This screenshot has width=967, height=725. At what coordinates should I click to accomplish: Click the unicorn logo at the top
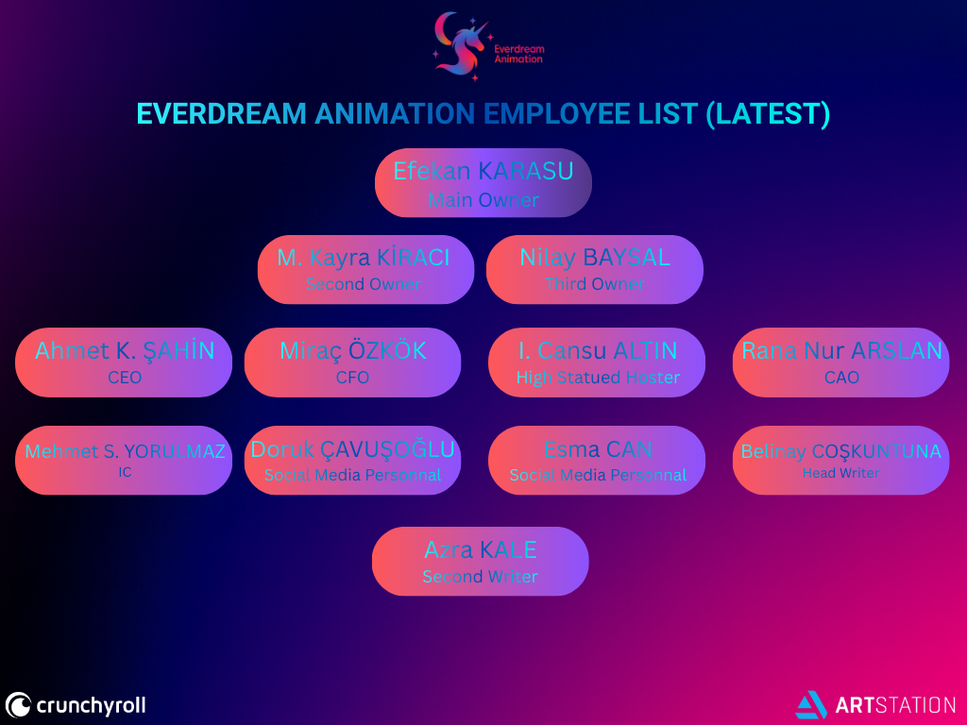(461, 47)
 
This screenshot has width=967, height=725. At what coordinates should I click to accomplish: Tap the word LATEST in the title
(768, 114)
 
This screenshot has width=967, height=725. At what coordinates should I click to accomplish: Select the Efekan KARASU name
(483, 171)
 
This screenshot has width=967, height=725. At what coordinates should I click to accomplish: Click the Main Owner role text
(483, 200)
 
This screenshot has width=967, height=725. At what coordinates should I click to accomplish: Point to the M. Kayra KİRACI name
(364, 257)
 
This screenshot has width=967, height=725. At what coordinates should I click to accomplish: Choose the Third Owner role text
(595, 283)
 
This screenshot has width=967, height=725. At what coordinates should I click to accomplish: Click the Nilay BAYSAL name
(595, 257)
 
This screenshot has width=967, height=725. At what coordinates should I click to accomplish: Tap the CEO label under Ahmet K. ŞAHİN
(125, 378)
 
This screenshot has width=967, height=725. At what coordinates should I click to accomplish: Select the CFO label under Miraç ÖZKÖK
(352, 378)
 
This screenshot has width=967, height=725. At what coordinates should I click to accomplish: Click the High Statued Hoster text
(598, 378)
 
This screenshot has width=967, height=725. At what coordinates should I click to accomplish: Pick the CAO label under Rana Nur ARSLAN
(841, 378)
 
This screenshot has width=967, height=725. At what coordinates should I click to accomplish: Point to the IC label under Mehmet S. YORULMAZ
(125, 472)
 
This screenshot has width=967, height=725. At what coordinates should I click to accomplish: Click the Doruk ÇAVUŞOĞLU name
(352, 449)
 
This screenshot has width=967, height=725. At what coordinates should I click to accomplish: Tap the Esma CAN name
(598, 449)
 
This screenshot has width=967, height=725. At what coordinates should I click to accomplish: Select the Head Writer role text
(840, 473)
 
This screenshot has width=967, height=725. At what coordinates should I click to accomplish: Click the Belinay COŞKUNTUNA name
(840, 451)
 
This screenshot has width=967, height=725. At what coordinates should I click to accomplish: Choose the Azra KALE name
(481, 549)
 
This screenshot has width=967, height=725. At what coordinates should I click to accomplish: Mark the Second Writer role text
(480, 577)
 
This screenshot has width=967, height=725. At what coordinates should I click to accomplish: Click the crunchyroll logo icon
(18, 705)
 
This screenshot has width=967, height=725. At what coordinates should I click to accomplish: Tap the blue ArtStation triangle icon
(811, 705)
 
